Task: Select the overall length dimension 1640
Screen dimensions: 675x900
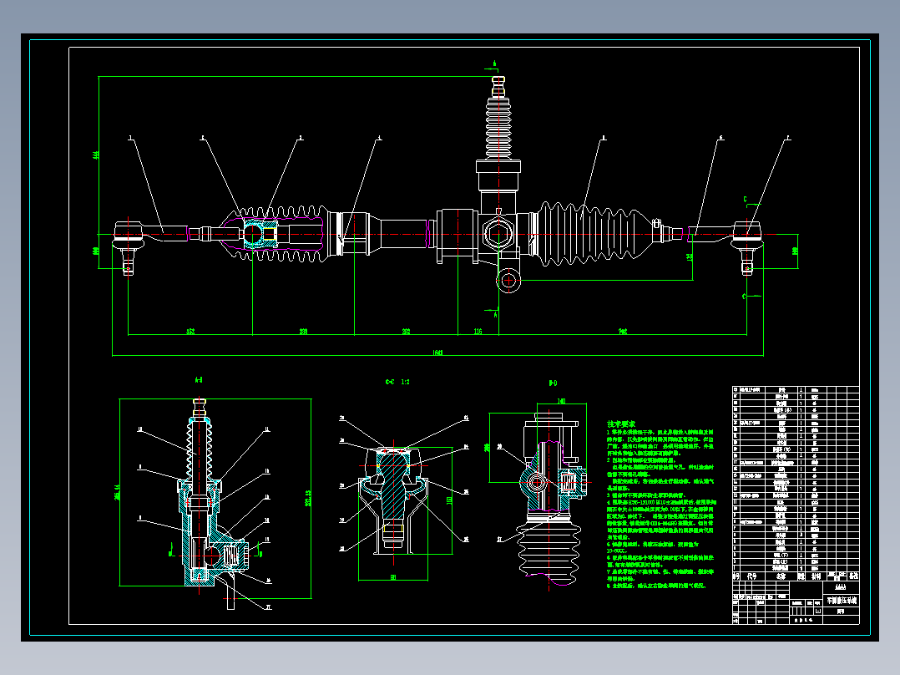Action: point(438,352)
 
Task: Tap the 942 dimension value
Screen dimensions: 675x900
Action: point(623,332)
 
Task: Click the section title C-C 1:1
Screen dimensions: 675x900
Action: point(397,382)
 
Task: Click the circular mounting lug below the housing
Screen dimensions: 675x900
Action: point(508,280)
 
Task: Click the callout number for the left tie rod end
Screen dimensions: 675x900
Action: point(130,136)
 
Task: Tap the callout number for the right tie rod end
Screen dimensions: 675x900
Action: point(786,136)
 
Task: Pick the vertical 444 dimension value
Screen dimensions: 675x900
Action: point(95,156)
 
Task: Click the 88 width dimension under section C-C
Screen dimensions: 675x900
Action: point(393,576)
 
